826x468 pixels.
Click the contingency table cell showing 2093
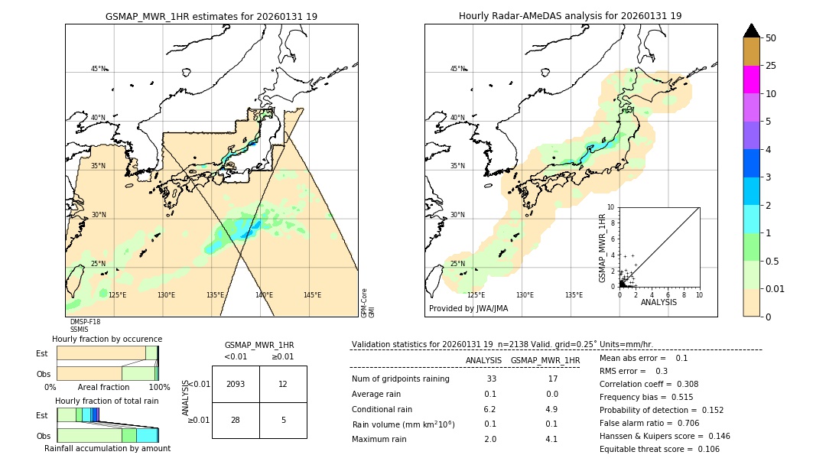point(235,384)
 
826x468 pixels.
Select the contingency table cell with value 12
point(283,384)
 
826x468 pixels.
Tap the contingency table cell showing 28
point(235,420)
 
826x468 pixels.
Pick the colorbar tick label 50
point(771,38)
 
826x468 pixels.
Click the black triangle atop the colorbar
point(751,31)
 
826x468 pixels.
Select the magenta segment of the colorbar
point(751,80)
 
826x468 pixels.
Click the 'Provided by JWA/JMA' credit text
point(468,309)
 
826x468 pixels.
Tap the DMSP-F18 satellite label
point(85,322)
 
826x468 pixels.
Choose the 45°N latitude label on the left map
point(99,69)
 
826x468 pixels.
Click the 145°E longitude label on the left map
point(312,295)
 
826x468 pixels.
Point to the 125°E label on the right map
point(476,295)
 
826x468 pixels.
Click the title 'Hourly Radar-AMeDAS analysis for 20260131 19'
point(570,16)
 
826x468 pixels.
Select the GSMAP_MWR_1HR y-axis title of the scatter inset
point(602,248)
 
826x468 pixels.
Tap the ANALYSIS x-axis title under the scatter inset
point(659,302)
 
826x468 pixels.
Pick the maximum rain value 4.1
point(551,439)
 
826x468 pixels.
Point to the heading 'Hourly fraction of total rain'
point(106,401)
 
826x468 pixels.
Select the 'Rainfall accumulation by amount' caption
point(107,448)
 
